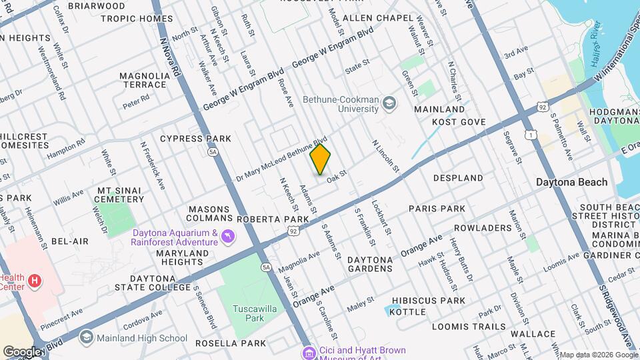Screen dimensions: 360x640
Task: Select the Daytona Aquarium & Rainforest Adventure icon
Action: coord(229,237)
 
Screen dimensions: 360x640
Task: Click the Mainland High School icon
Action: coord(85,337)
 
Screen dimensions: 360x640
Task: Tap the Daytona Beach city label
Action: coord(573,182)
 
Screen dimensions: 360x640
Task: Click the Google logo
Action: coord(21,351)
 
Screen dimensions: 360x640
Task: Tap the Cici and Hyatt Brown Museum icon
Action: coord(308,352)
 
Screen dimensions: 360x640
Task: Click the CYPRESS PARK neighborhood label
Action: coord(195,139)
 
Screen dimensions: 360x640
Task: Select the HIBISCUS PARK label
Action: coord(429,301)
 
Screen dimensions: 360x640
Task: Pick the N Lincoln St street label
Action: coord(385,155)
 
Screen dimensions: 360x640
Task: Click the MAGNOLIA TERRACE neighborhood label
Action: coord(143,80)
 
